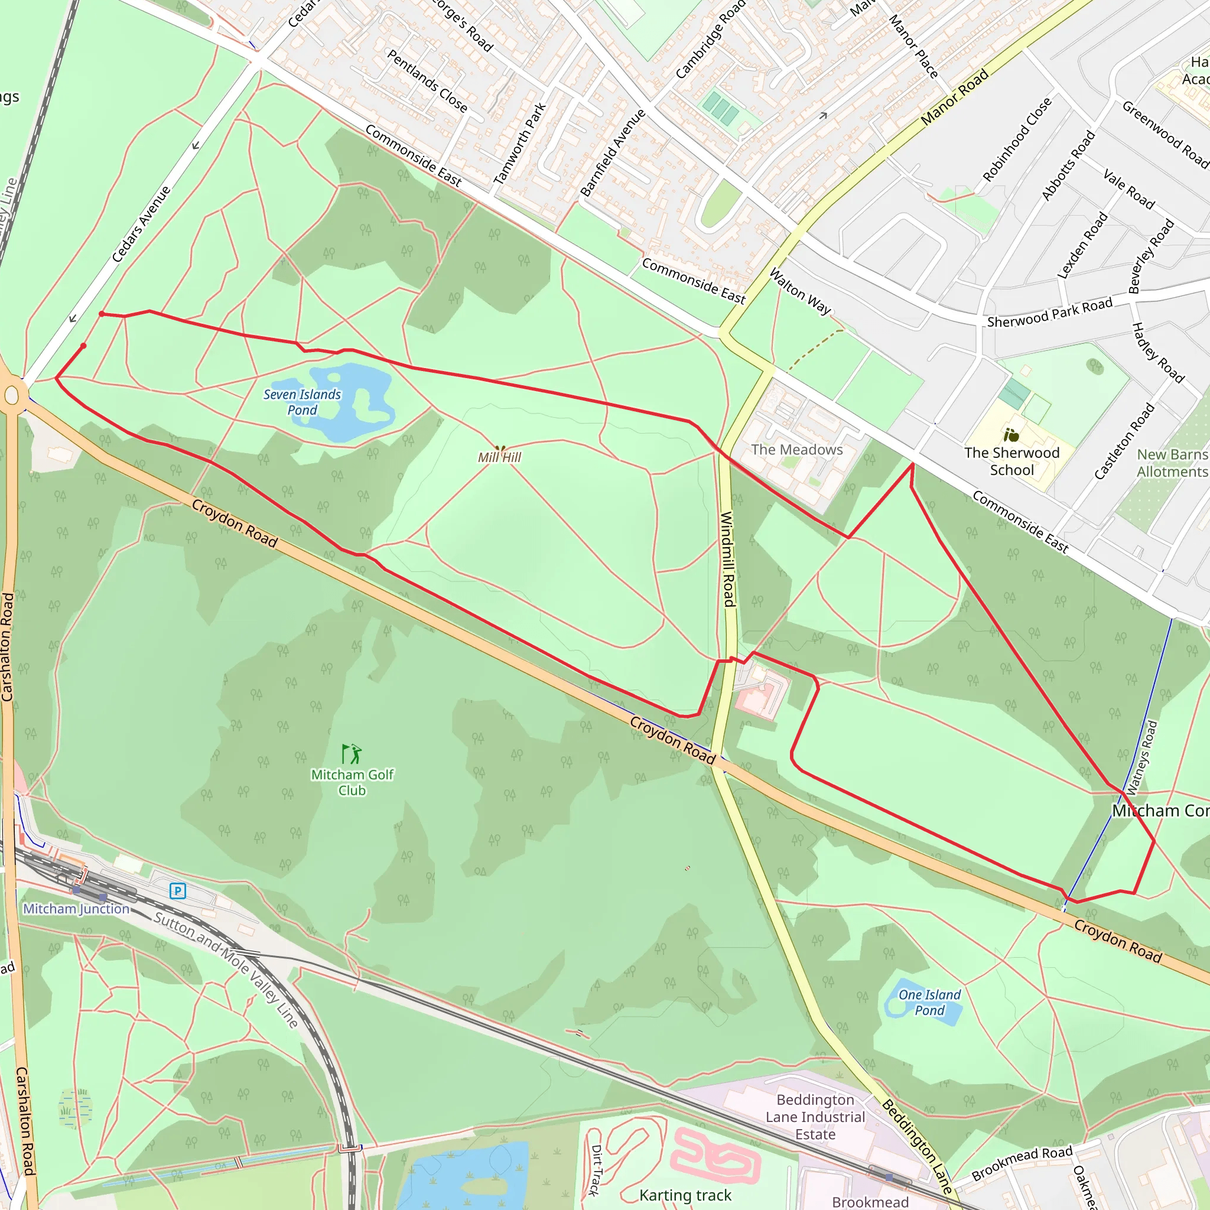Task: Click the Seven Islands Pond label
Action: pos(302,402)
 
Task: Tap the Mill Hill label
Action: pos(499,458)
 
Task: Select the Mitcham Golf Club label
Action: pos(352,783)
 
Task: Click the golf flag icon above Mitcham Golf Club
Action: pos(352,753)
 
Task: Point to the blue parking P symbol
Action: pos(178,890)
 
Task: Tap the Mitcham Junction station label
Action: pos(76,909)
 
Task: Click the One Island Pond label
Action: pos(929,1003)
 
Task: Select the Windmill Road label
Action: pos(728,559)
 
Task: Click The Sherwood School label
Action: pos(1012,461)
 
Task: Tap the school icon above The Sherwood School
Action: pos(1011,435)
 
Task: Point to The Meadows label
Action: pos(797,450)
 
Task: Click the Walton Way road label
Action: pos(800,291)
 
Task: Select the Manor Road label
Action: pos(955,97)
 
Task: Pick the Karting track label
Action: pos(685,1196)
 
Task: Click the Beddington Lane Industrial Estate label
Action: pos(815,1117)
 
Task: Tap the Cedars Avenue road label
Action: pos(142,223)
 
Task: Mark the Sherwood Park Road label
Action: pos(1050,313)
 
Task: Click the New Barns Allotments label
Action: pos(1172,463)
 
